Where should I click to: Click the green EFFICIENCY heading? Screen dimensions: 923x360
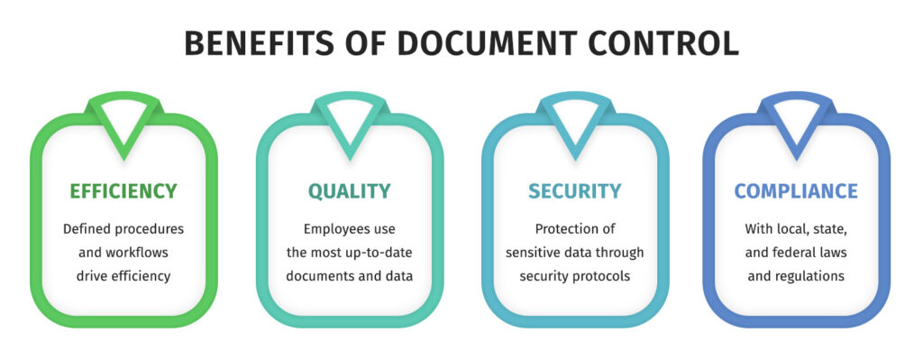pos(123,191)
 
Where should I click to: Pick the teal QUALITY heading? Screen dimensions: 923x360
pos(350,191)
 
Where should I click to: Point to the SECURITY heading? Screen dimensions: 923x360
pos(574,191)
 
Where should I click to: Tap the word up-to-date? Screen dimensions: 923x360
pos(361,253)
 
